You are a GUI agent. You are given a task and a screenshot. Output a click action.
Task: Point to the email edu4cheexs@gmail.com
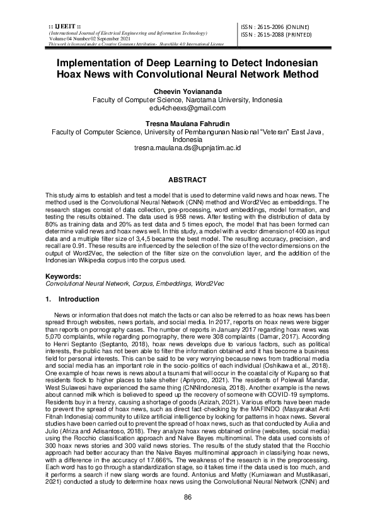pyautogui.click(x=187, y=109)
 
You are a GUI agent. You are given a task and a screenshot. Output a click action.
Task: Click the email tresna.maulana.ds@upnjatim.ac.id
pyautogui.click(x=187, y=148)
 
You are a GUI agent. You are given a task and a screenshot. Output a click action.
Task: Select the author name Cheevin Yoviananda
pyautogui.click(x=187, y=91)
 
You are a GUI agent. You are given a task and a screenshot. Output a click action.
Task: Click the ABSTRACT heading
pyautogui.click(x=187, y=180)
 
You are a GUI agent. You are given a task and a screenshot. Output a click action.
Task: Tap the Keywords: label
pyautogui.click(x=64, y=277)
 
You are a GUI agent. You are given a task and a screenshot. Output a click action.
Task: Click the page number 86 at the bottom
pyautogui.click(x=187, y=498)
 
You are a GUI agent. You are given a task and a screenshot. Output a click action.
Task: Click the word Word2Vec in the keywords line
pyautogui.click(x=209, y=284)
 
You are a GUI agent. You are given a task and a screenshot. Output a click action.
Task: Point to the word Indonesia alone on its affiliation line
pyautogui.click(x=187, y=139)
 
